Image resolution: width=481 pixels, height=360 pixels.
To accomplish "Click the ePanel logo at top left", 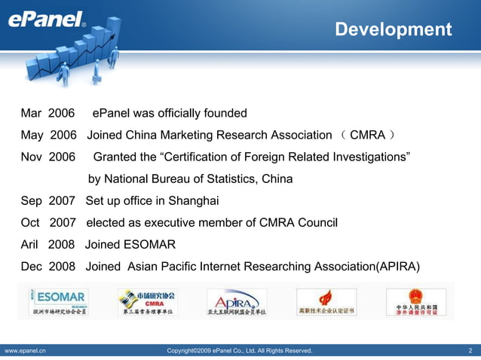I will (46, 20).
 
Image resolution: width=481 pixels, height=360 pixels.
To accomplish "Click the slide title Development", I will (393, 29).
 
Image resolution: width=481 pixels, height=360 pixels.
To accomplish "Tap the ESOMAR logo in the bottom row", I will (58, 301).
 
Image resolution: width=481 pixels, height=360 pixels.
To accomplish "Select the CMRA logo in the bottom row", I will (147, 301).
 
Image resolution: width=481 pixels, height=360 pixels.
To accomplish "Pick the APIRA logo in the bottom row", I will (236, 301).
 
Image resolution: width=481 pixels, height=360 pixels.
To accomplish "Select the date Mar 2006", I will (47, 114).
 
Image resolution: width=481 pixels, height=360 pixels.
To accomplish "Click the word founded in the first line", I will (223, 114).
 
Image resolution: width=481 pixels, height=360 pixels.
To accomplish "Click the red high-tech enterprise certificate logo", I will (326, 301).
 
